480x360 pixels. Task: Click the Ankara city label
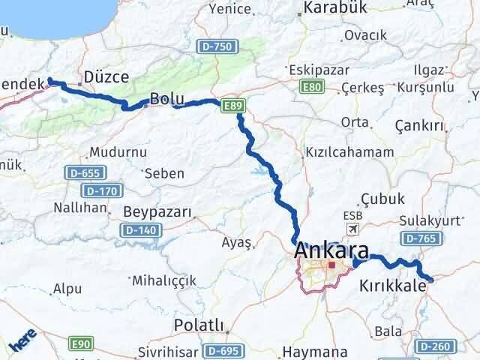[331, 250]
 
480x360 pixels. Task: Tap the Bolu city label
[165, 98]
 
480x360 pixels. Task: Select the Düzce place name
[106, 77]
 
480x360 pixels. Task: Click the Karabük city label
[334, 10]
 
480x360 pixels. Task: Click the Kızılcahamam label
[349, 152]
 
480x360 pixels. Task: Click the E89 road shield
[232, 108]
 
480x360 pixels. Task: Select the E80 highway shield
[313, 88]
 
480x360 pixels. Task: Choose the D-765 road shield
[418, 238]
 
